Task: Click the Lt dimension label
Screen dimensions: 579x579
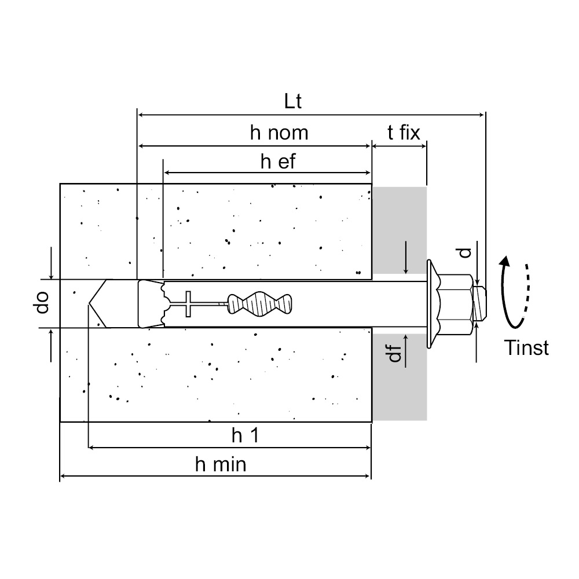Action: click(x=293, y=101)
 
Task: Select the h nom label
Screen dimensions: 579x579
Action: click(x=279, y=133)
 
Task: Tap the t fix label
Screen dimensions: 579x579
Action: click(x=404, y=133)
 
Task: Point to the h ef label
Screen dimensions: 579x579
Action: click(x=278, y=162)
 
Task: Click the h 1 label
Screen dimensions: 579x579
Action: click(x=245, y=436)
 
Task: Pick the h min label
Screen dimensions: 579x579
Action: click(x=221, y=464)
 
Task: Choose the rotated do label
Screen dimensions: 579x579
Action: click(x=42, y=303)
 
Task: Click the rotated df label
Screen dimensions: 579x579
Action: click(x=395, y=353)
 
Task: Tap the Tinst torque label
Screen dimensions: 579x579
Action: click(x=526, y=348)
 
